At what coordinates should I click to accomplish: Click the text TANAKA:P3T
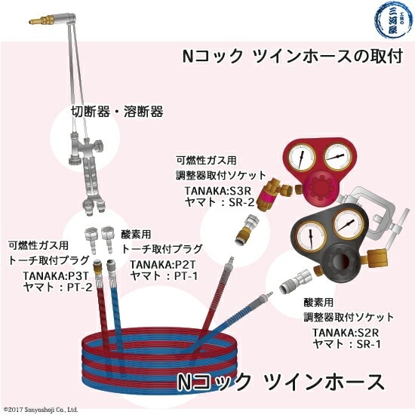(54, 276)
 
